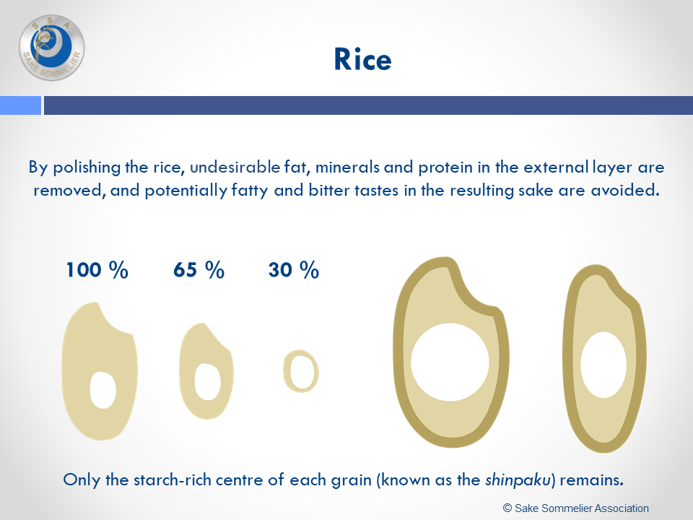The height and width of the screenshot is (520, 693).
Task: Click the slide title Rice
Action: click(362, 59)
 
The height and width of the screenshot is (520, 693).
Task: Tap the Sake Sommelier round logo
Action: click(52, 48)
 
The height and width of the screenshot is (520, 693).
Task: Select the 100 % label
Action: click(97, 269)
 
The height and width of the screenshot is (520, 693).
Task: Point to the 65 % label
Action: click(199, 269)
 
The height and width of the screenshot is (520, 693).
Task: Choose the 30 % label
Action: click(294, 269)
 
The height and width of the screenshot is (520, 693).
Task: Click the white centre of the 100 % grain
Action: click(103, 390)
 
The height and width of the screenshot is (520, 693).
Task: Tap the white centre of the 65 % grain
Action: click(207, 381)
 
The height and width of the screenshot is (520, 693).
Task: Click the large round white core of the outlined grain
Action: click(450, 362)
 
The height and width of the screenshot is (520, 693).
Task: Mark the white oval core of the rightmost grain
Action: click(603, 365)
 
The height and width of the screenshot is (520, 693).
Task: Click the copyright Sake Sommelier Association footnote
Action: click(576, 508)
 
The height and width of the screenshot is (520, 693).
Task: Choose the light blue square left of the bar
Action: click(20, 105)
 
